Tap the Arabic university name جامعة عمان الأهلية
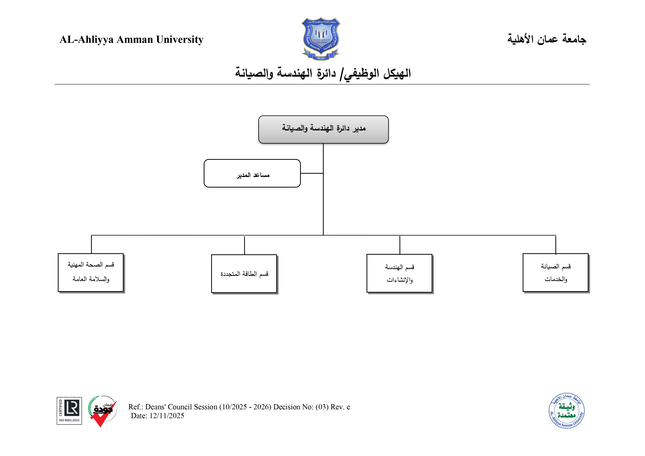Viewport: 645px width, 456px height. [546, 39]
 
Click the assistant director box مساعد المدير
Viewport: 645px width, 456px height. [252, 173]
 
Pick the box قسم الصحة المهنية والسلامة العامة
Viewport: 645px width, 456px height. [91, 273]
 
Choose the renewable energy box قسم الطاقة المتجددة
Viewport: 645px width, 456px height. [244, 274]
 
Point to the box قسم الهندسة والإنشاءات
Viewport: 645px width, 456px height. [399, 273]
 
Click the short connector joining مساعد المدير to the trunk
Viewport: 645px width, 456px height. [312, 173]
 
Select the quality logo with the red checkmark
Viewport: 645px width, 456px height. [102, 411]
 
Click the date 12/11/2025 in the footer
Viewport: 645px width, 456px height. [167, 416]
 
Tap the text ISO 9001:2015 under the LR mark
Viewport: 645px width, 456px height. [69, 420]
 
